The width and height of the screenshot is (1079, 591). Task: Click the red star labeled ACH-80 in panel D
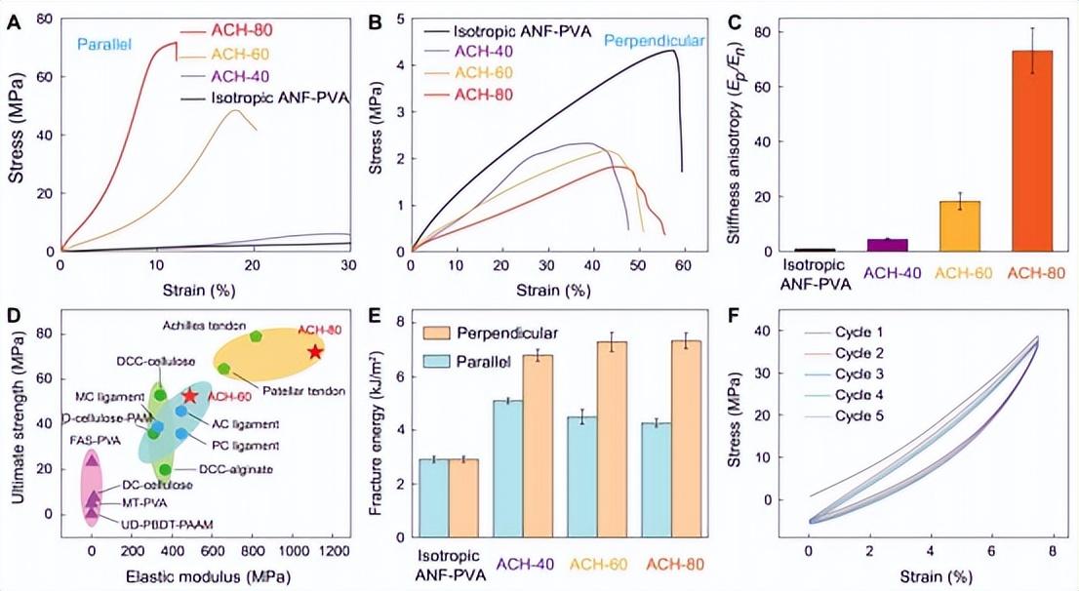(314, 351)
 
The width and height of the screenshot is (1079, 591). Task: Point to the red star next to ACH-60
(190, 396)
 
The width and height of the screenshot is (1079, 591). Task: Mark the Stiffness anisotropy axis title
(746, 137)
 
